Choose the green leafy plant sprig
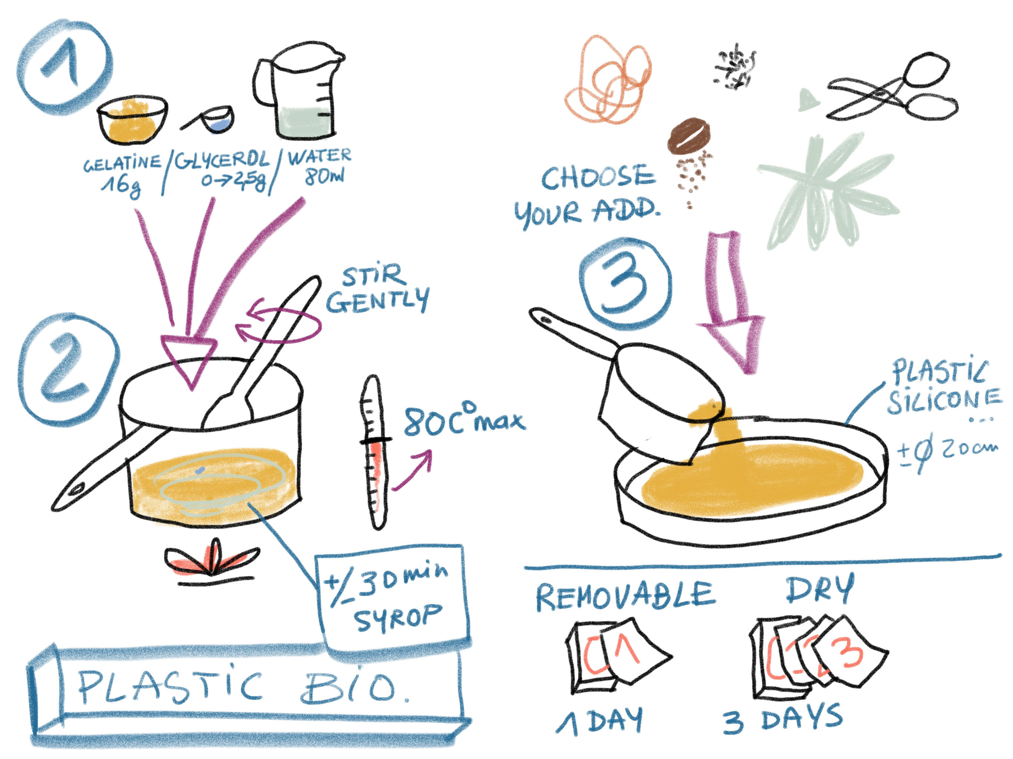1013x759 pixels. (x=824, y=192)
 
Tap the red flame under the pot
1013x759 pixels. (x=212, y=561)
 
